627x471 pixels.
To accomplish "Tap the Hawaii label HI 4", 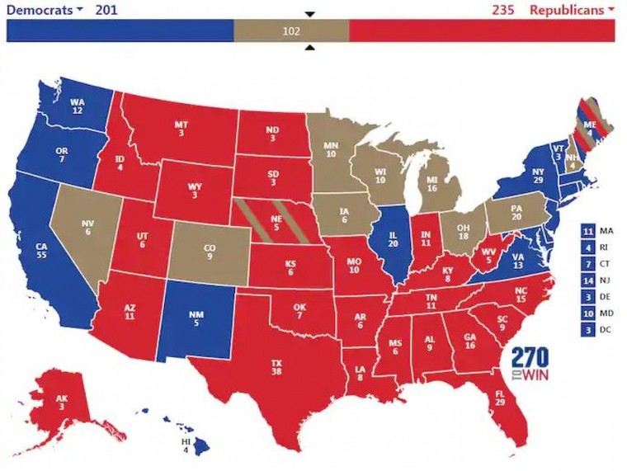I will [x=186, y=445].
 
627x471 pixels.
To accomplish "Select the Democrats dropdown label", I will [x=45, y=10].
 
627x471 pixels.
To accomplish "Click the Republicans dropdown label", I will [x=572, y=10].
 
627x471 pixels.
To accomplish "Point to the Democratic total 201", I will [x=106, y=10].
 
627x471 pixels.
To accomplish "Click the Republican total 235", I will [x=502, y=10].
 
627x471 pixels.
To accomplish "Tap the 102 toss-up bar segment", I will [x=291, y=31].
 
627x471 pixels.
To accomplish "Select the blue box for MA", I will [x=588, y=231].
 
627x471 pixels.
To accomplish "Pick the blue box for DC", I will [x=588, y=330].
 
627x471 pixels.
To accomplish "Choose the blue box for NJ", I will [x=588, y=280].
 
